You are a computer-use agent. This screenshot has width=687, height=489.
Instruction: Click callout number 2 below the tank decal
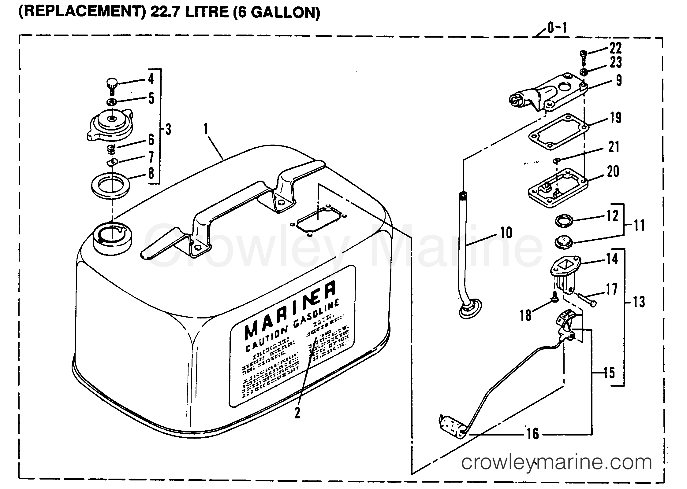point(297,414)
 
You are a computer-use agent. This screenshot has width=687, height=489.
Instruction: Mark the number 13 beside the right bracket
point(638,302)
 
